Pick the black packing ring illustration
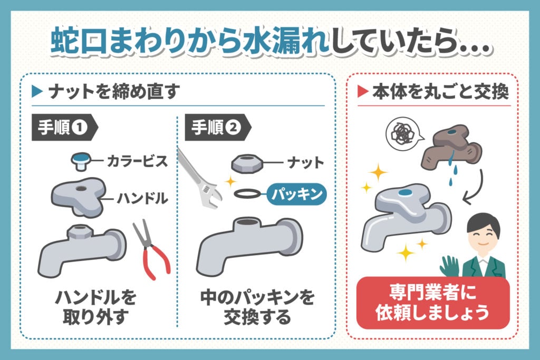tap(247, 193)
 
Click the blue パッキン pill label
tap(298, 194)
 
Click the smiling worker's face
tap(483, 231)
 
